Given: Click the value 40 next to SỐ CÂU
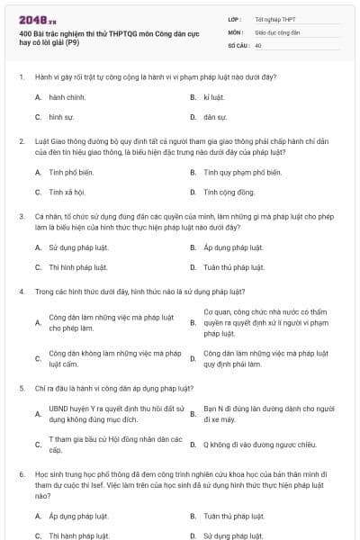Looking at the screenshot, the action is [258, 44].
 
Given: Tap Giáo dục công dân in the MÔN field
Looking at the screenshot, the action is [277, 31].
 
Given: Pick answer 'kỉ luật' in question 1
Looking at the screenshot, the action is [212, 95].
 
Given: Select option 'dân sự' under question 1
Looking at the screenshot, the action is [214, 117].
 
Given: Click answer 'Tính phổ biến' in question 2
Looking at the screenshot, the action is [71, 170].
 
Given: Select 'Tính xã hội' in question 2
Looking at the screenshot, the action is [67, 192].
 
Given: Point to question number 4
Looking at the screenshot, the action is [21, 292].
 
